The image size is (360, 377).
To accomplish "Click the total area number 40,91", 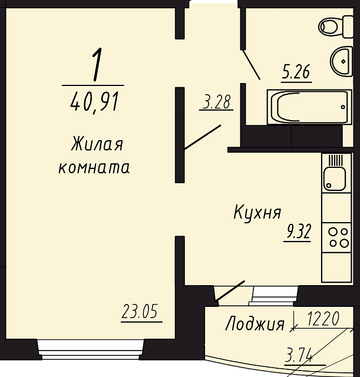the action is click(x=95, y=102).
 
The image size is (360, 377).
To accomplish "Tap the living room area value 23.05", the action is click(x=140, y=311).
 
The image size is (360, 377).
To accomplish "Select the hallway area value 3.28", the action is click(x=217, y=102).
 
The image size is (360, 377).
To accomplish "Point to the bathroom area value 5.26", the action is click(x=296, y=72).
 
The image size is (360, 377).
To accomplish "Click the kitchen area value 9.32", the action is click(x=298, y=231).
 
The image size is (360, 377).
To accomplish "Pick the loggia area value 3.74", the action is click(x=299, y=355).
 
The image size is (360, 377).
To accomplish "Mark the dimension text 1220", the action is click(x=323, y=319).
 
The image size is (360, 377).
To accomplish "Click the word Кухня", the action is click(x=257, y=213).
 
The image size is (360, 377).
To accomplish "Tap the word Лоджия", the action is click(x=255, y=323).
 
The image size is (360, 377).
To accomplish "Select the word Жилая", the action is click(x=97, y=144).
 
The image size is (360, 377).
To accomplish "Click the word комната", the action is click(x=94, y=167).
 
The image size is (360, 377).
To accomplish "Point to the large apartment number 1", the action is click(x=97, y=64).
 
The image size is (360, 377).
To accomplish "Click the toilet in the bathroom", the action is click(x=336, y=27).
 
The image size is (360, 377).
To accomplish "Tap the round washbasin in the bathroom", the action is click(x=342, y=61).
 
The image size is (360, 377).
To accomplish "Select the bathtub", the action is click(x=309, y=107).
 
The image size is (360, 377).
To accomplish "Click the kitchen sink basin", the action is click(x=335, y=179).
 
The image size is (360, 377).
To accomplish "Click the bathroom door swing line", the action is click(x=251, y=64).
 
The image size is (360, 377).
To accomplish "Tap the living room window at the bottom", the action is click(x=91, y=349).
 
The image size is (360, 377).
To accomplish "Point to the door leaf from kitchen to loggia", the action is click(x=230, y=290).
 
